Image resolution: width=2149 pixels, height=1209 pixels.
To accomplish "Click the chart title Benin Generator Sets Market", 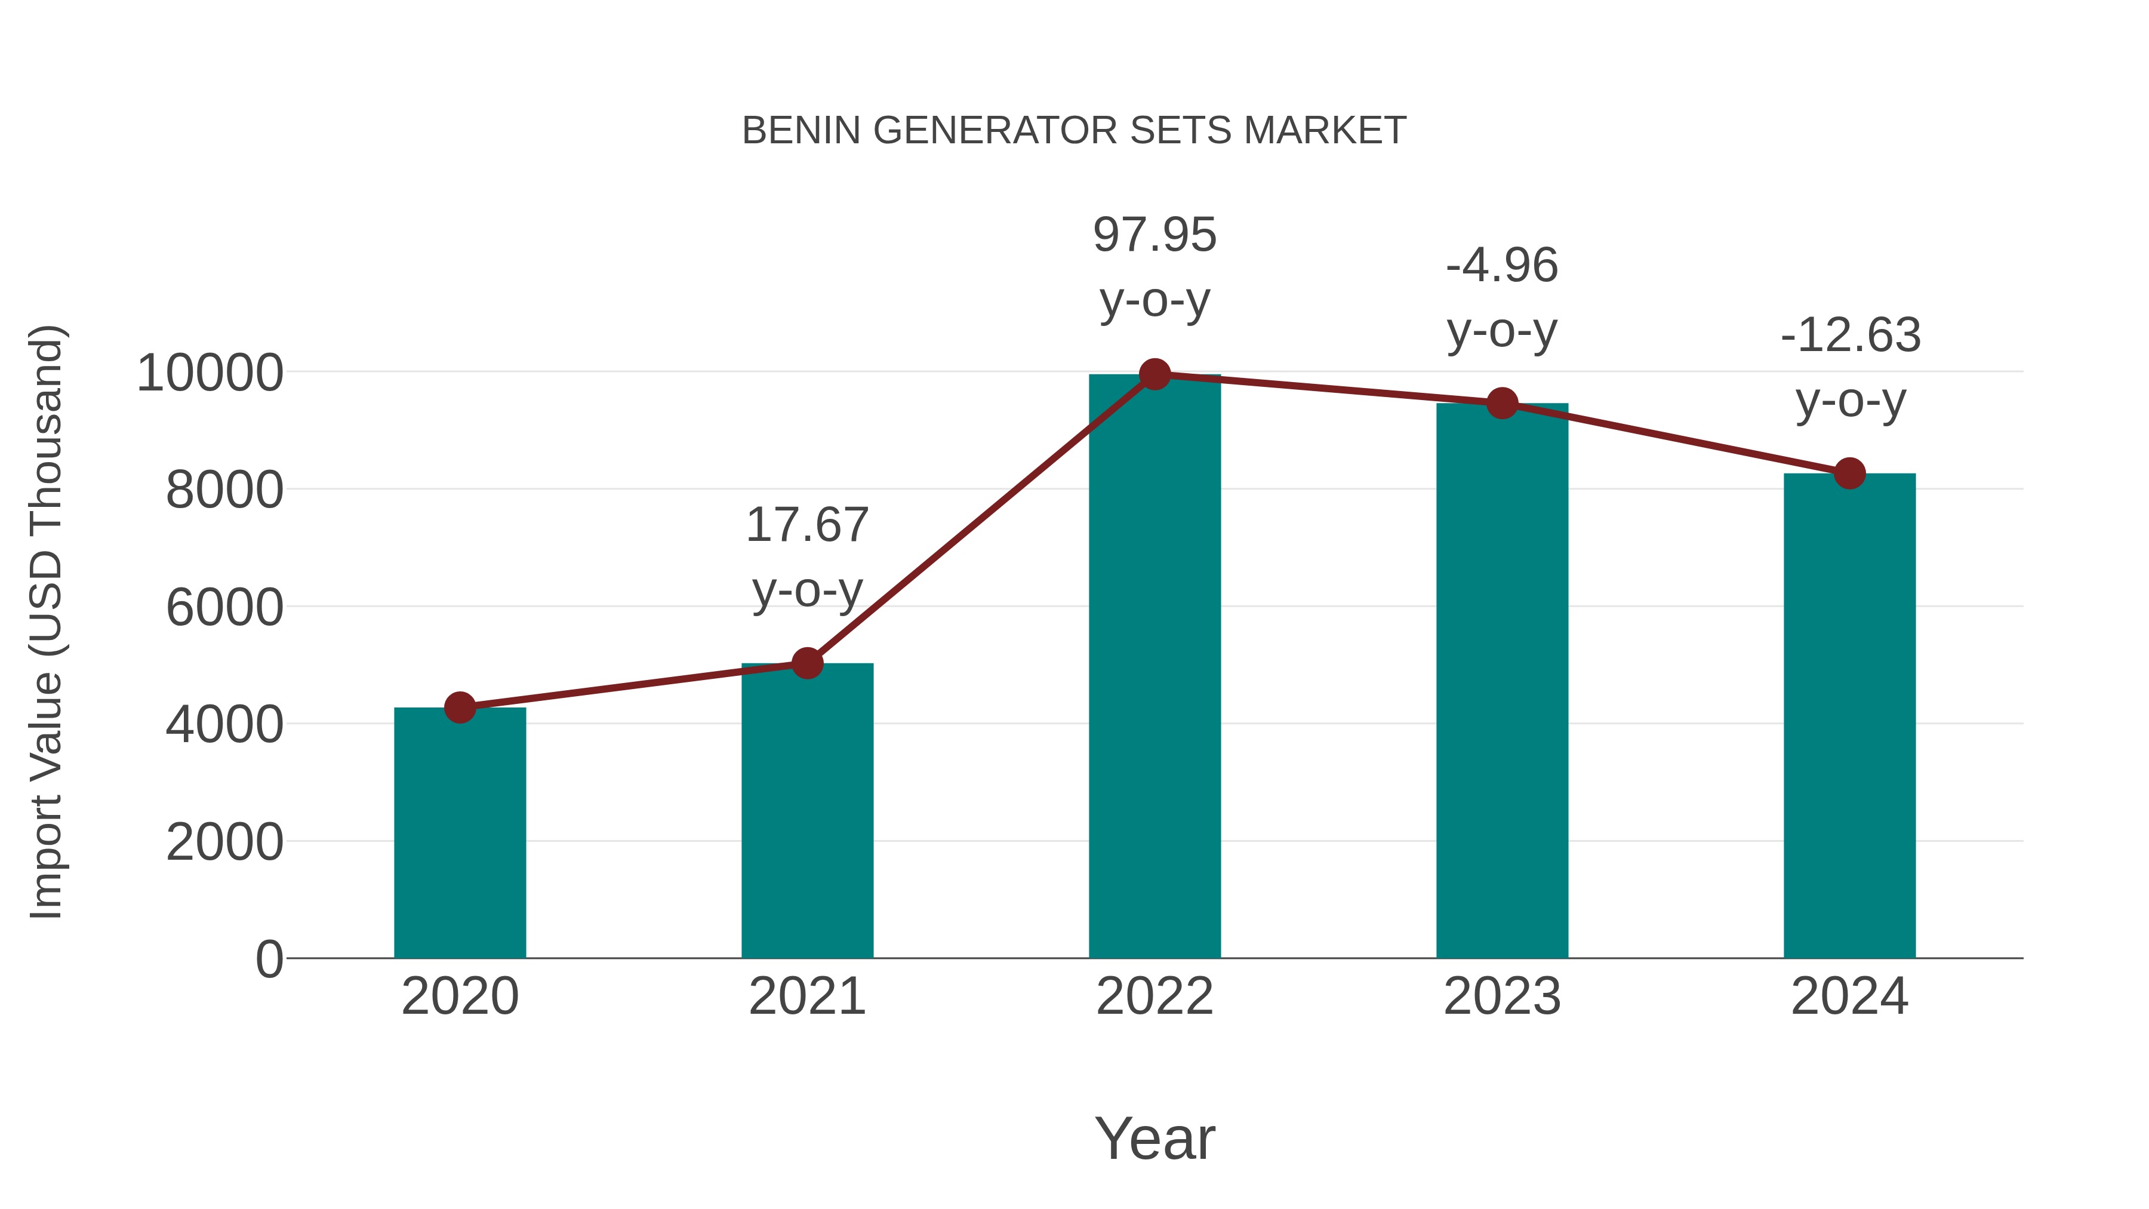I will coord(1074,131).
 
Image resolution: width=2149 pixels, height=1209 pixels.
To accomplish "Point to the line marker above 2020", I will coord(460,707).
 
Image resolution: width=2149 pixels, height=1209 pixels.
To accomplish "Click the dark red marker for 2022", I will coord(1154,374).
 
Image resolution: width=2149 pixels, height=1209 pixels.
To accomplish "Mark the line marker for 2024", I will coord(1849,473).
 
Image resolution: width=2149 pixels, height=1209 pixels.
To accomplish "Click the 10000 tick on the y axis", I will coord(210,373).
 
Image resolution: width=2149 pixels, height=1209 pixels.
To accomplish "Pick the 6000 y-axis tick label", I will coord(224,607).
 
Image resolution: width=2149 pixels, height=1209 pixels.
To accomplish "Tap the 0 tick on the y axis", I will coord(269,959).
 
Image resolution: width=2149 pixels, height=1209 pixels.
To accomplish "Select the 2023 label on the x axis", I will coord(1502,996).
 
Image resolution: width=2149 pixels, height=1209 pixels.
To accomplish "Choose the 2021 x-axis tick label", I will coord(806,996).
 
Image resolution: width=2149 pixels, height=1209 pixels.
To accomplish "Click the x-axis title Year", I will coord(1154,1138).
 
